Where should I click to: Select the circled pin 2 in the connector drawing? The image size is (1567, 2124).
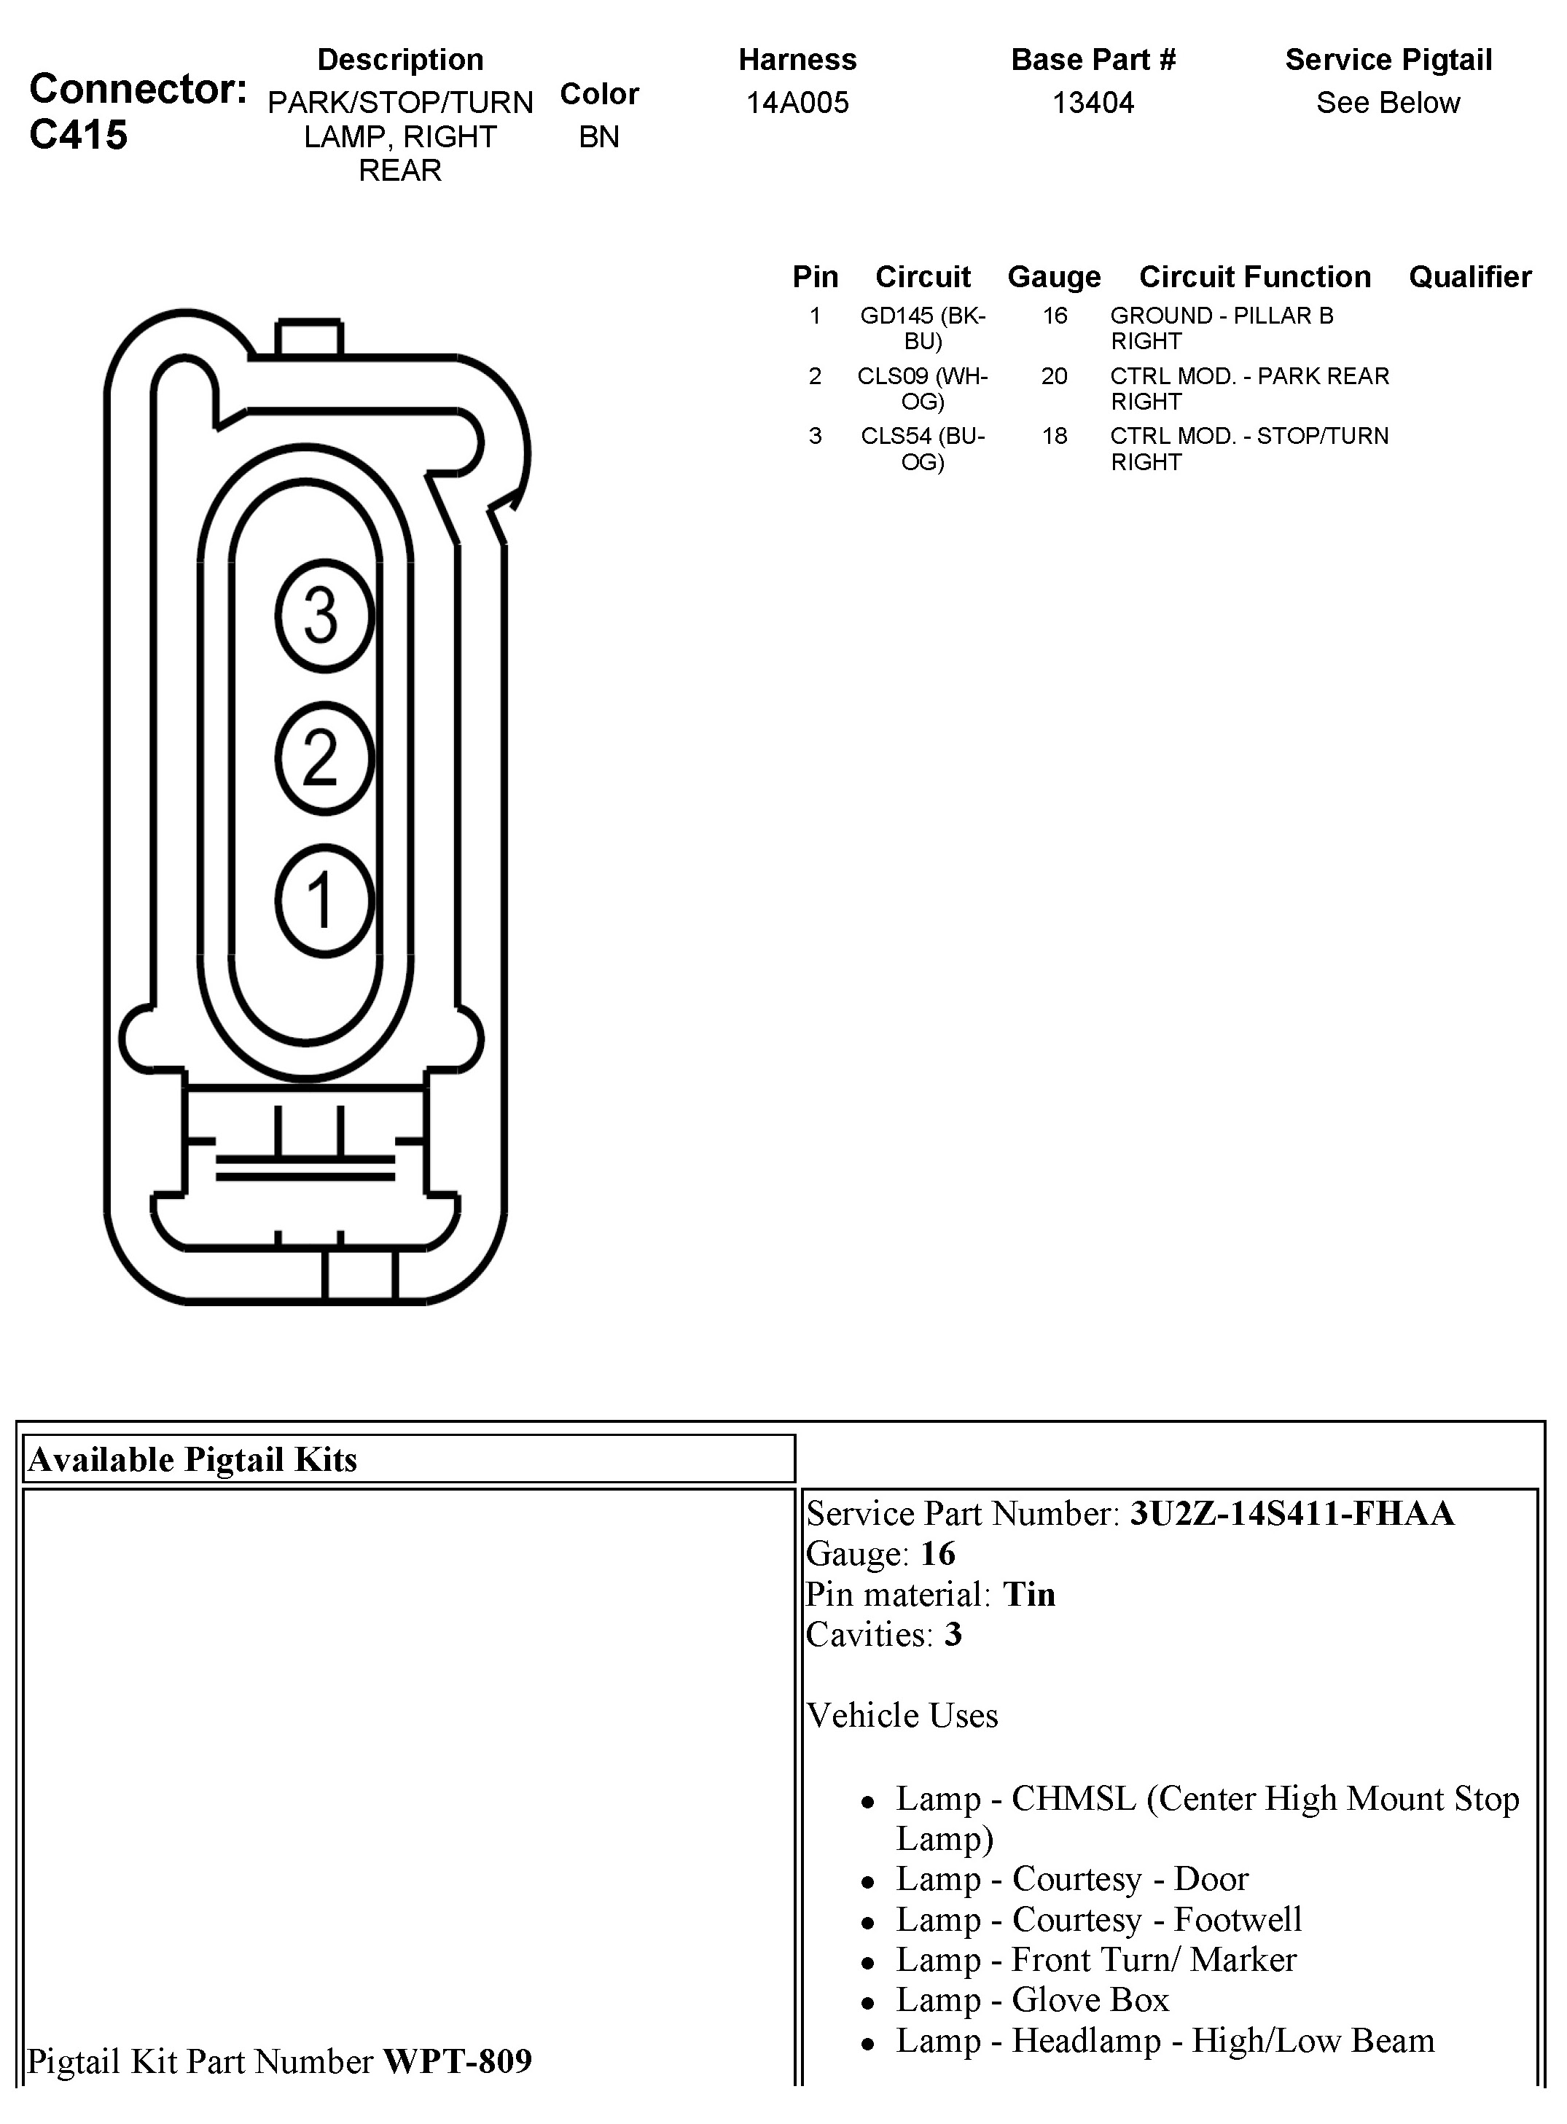[x=324, y=758]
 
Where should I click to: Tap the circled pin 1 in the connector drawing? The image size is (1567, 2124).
[x=324, y=900]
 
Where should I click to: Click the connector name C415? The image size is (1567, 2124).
[x=78, y=136]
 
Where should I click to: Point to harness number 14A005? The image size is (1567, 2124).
[x=797, y=103]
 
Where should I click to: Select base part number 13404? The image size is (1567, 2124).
[x=1093, y=103]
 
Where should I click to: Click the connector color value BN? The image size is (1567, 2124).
[x=598, y=136]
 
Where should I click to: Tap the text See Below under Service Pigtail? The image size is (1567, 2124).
[x=1388, y=103]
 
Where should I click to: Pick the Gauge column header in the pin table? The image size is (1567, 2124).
[x=1054, y=277]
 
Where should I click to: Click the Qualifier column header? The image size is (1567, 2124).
[x=1469, y=277]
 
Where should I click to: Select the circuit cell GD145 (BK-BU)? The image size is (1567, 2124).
[x=922, y=328]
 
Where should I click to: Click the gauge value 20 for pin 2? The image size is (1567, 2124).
[x=1054, y=377]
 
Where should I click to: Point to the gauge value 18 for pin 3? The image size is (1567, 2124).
[x=1054, y=437]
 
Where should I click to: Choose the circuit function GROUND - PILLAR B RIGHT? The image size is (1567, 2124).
[x=1222, y=328]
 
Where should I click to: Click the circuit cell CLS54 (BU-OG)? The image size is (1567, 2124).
[x=922, y=449]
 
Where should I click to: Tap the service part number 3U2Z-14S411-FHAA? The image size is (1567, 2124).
[x=1291, y=1513]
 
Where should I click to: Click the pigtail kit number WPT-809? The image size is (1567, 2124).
[x=457, y=2061]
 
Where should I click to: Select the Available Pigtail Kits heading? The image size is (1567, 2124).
[x=192, y=1459]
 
